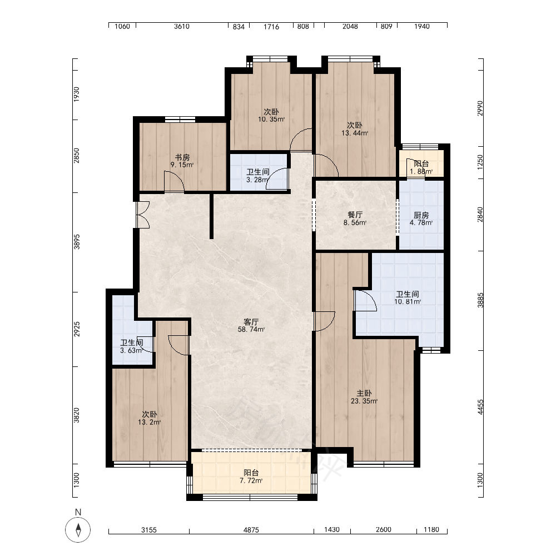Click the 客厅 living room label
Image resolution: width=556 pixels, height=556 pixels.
[x=251, y=322]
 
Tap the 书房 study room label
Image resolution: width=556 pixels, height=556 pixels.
[x=182, y=157]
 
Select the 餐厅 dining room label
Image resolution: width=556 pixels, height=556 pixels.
[x=355, y=215]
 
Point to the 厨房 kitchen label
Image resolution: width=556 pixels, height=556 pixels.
[x=421, y=215]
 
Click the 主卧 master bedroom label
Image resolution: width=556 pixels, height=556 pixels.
[x=364, y=393]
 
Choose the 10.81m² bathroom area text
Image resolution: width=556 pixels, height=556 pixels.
[x=408, y=302]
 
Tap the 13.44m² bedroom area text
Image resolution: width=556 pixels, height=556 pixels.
[x=355, y=133]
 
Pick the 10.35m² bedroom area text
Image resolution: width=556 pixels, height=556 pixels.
[x=271, y=120]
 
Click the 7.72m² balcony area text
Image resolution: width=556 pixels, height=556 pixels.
[x=251, y=481]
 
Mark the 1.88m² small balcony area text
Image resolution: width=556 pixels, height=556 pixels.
[x=421, y=172]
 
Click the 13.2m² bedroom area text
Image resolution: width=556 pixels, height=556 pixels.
[x=149, y=423]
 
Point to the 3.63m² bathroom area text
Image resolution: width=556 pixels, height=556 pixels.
[x=132, y=351]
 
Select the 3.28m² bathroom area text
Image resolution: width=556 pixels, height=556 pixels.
[x=257, y=180]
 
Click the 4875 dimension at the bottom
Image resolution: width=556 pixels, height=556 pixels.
[x=251, y=530]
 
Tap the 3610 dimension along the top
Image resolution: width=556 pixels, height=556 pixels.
[x=182, y=26]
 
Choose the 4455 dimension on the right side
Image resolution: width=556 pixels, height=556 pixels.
[x=480, y=407]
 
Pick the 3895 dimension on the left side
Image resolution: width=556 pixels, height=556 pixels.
[x=77, y=241]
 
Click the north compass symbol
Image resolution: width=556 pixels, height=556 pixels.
[x=78, y=530]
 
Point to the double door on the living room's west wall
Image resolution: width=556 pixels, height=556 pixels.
[x=143, y=215]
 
